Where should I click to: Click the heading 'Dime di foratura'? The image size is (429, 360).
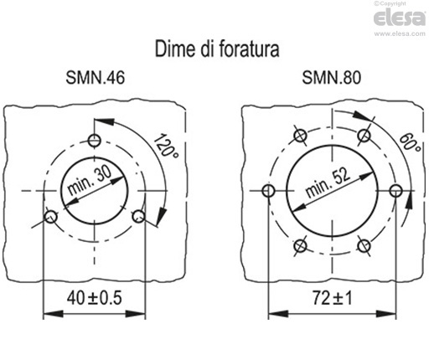(217, 49)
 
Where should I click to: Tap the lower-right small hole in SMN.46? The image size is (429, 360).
(139, 217)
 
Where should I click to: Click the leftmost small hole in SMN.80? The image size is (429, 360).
(268, 191)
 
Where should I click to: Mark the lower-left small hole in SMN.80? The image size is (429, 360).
(300, 245)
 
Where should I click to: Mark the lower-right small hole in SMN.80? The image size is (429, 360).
(364, 245)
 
